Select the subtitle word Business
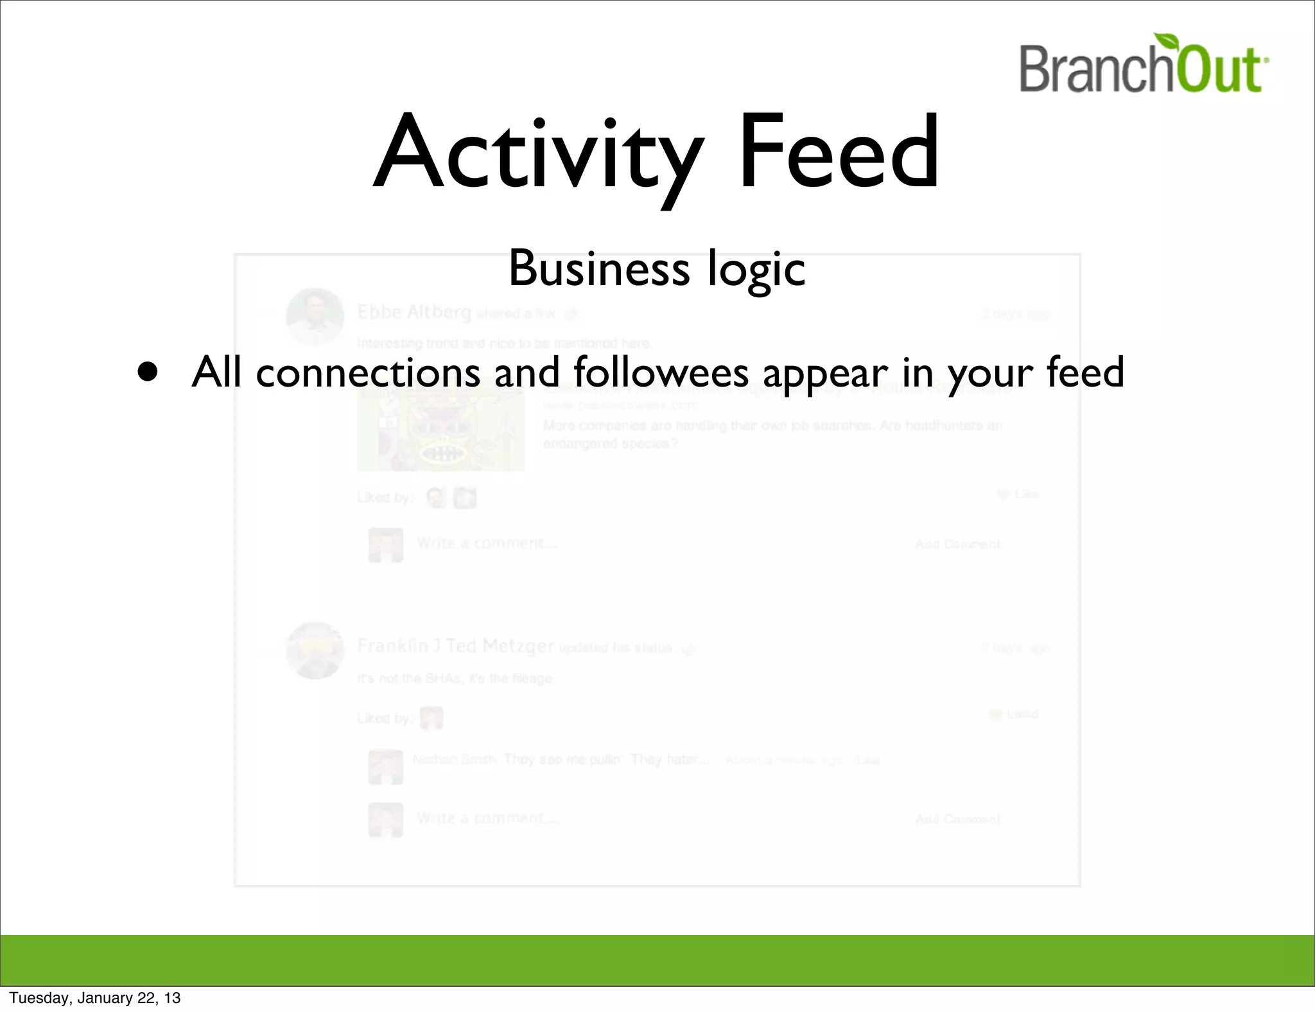coord(598,268)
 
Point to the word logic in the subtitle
coord(756,270)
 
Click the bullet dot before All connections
coord(148,372)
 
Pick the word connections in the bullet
coord(367,372)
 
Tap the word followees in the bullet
coord(661,372)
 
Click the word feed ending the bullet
coord(1085,372)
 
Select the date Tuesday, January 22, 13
coord(95,998)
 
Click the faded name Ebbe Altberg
coord(414,313)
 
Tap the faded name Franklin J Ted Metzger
coord(455,646)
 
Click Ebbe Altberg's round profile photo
coord(315,316)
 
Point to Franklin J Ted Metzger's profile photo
coord(315,650)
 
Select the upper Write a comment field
coord(655,544)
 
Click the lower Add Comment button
coord(957,819)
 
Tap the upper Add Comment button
coord(957,545)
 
